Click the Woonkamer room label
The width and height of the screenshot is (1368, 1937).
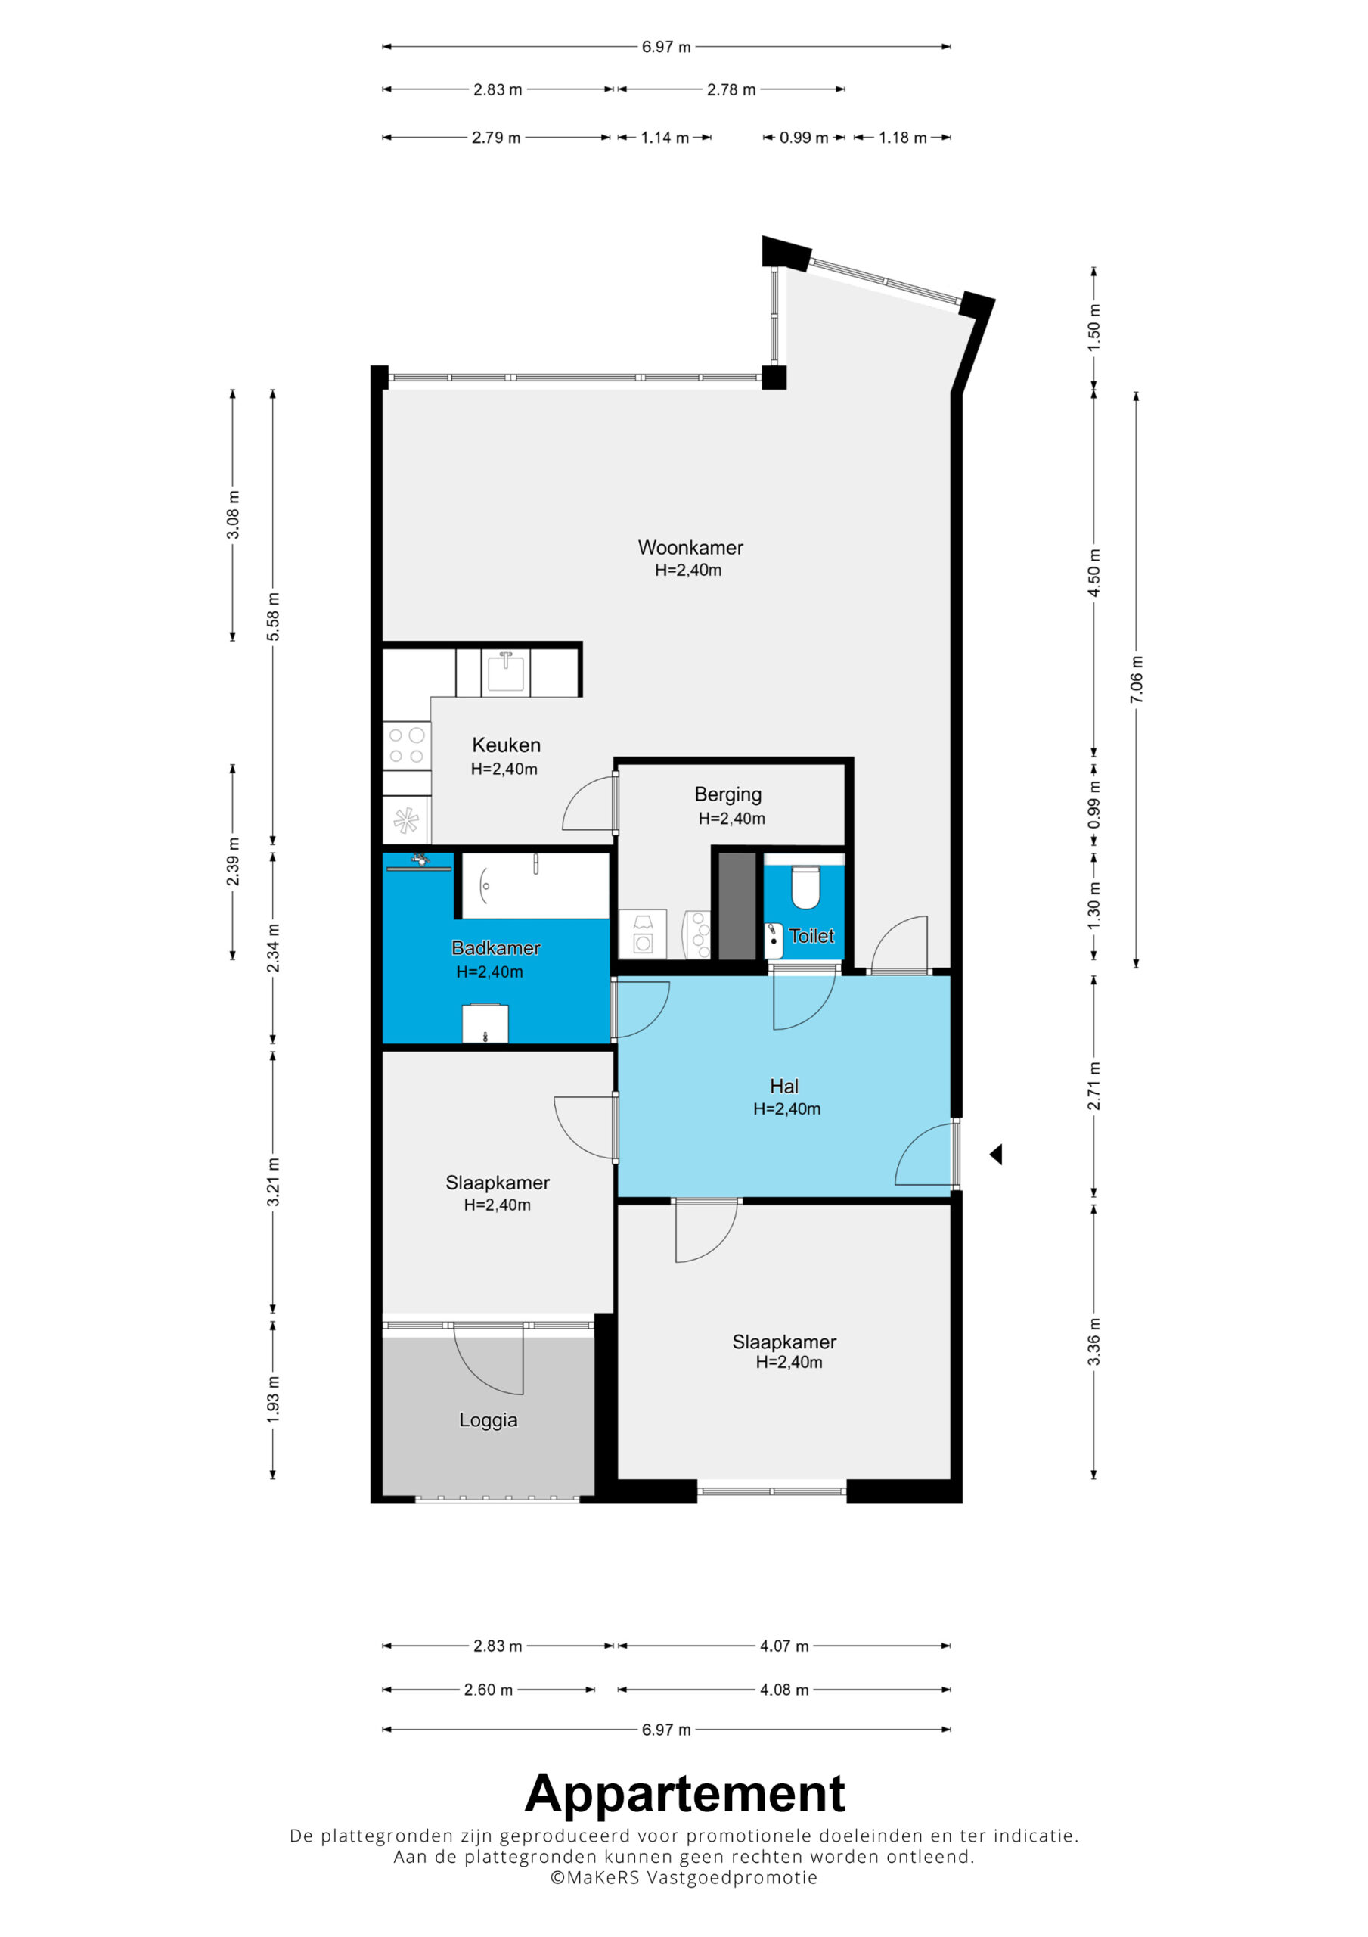(690, 548)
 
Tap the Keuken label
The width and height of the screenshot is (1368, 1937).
(506, 745)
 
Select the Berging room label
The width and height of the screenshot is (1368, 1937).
(727, 794)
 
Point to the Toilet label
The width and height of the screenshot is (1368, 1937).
(811, 936)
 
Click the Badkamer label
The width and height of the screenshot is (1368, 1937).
(496, 948)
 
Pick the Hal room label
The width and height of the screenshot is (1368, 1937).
(784, 1087)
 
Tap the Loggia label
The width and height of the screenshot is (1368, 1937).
(489, 1421)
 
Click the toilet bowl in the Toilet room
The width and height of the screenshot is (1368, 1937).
(805, 887)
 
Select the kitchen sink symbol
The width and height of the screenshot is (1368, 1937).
(506, 673)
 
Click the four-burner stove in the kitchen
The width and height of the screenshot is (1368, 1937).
(407, 746)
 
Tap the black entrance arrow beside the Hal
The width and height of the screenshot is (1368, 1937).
(996, 1154)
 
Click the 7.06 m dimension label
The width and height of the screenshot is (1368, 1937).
(1137, 679)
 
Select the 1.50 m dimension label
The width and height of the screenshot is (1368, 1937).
(1094, 325)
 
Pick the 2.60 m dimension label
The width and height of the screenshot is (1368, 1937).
(489, 1690)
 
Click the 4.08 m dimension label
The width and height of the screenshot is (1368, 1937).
(784, 1690)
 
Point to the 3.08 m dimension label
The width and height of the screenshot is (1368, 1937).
(233, 515)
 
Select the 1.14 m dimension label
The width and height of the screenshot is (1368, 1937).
(665, 138)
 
